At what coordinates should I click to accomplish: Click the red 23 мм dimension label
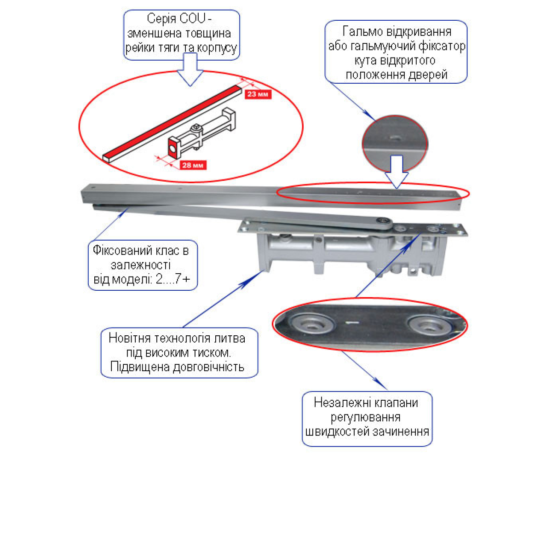[257, 94]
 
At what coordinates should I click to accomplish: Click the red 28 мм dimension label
[193, 165]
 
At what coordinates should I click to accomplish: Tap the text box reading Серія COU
[181, 34]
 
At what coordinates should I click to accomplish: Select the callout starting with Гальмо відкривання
[396, 52]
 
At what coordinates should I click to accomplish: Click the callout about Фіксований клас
[142, 265]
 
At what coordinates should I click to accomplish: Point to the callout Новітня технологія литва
[178, 352]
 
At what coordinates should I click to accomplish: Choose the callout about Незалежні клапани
[367, 418]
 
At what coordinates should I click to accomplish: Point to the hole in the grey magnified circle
[394, 137]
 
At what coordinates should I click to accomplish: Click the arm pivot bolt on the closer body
[383, 223]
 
